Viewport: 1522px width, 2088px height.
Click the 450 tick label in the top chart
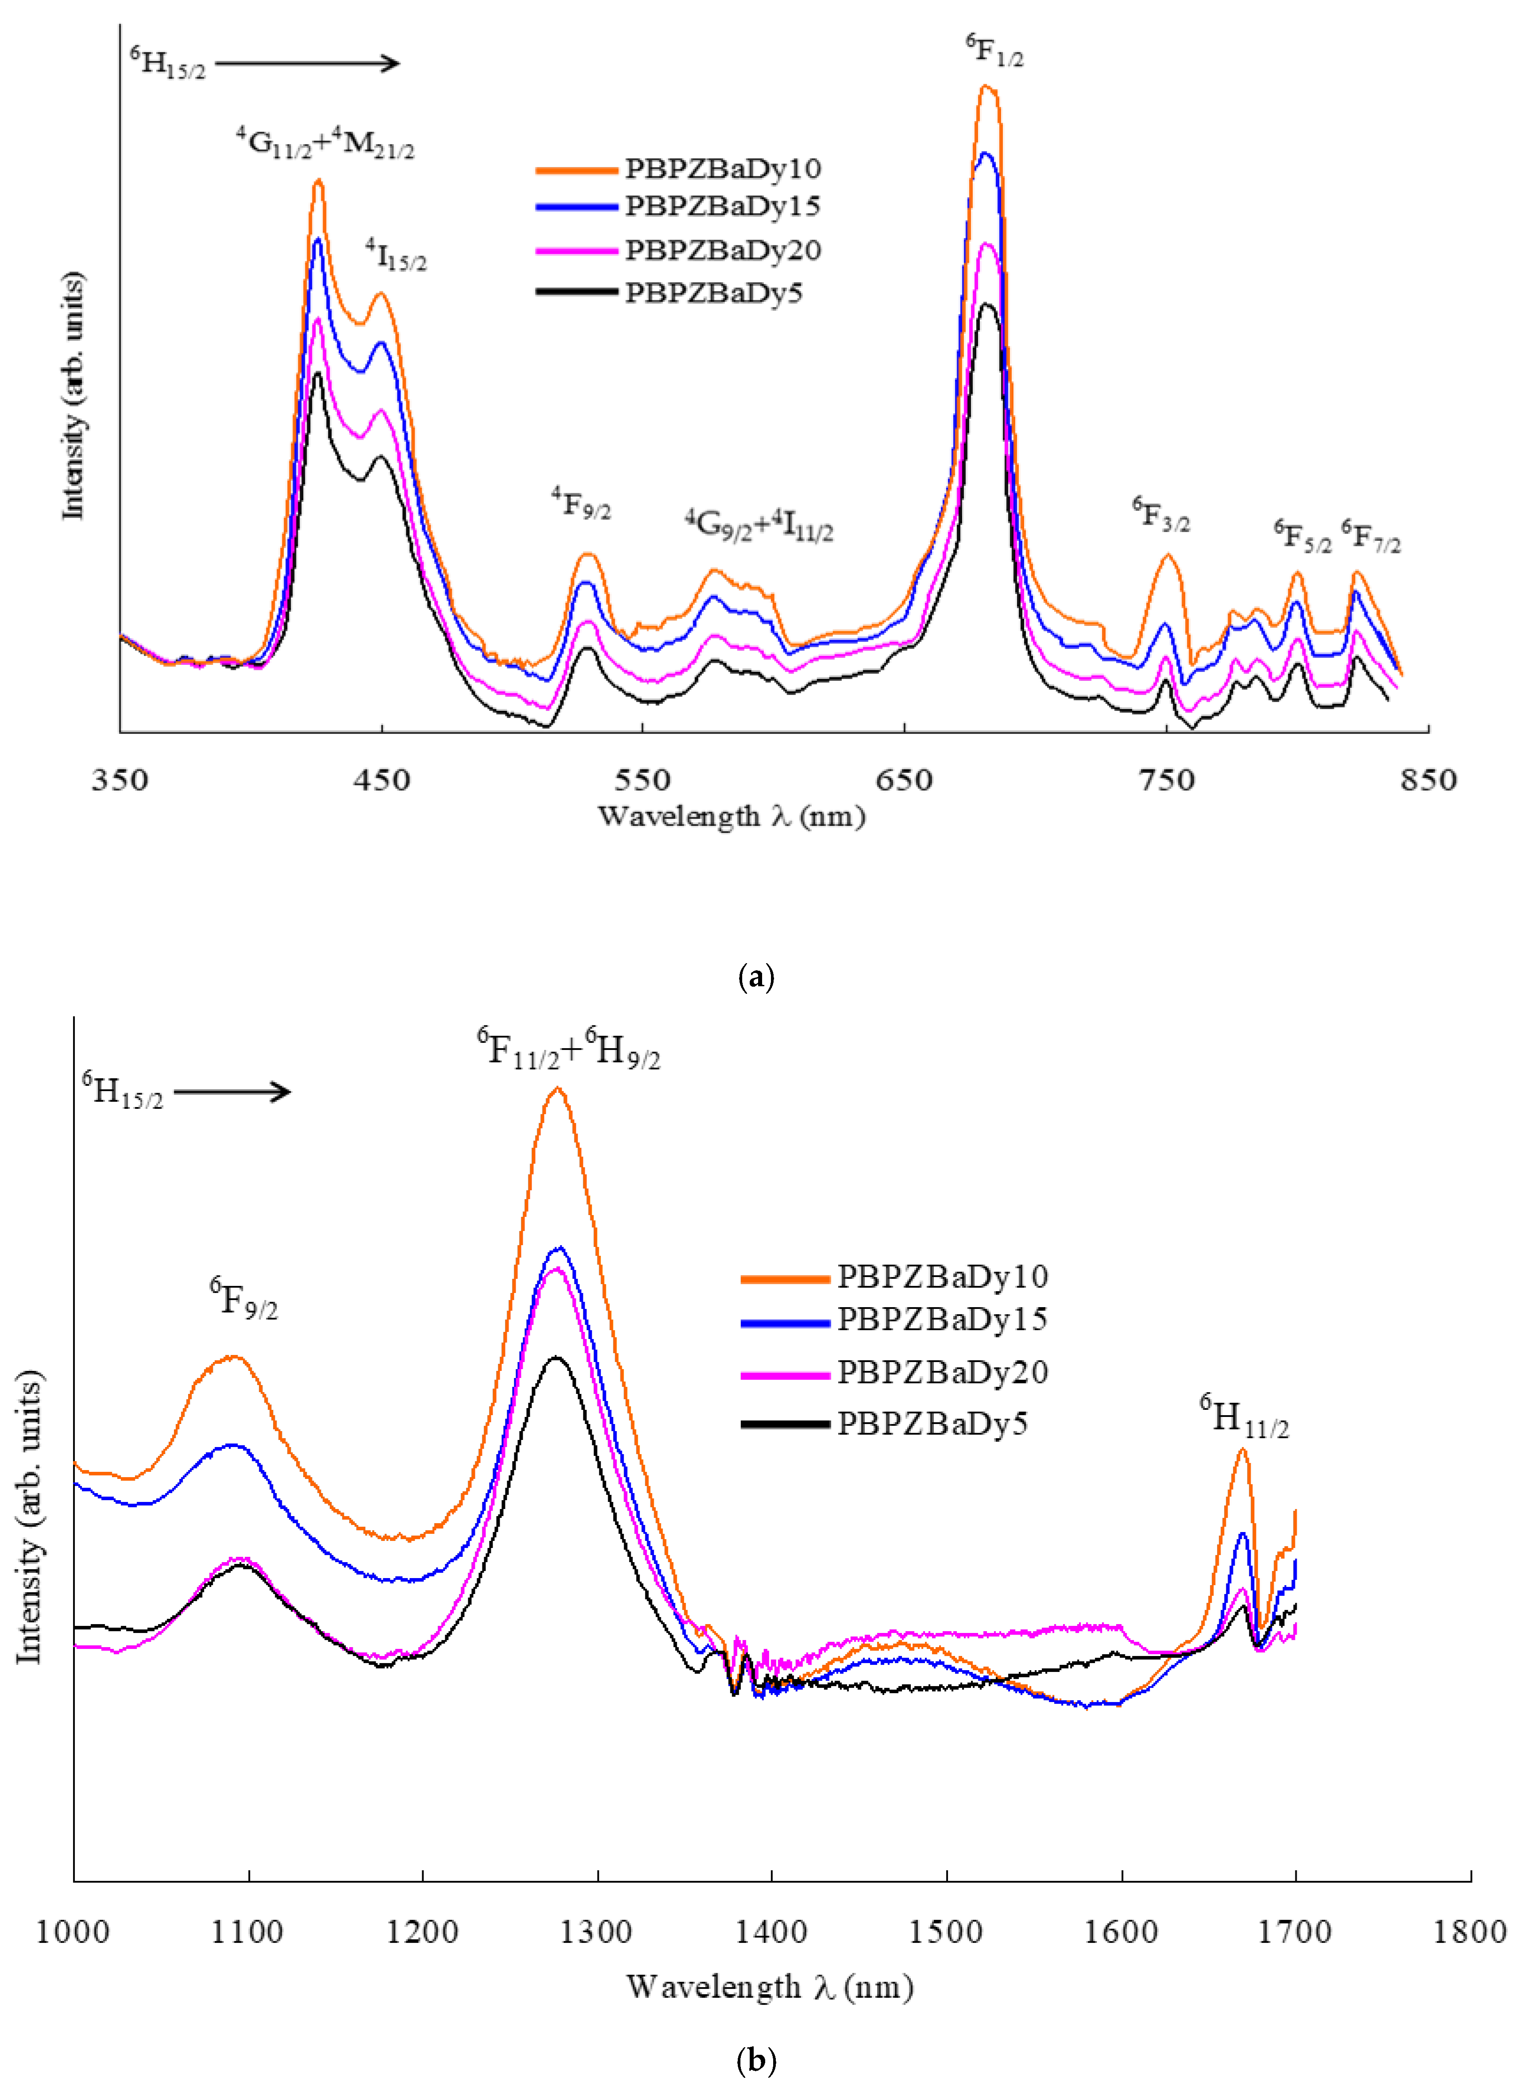pyautogui.click(x=381, y=780)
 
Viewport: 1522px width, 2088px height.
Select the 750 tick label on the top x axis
pyautogui.click(x=1166, y=780)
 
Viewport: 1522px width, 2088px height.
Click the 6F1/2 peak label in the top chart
pyautogui.click(x=995, y=50)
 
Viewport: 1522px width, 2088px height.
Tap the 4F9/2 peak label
pyautogui.click(x=582, y=503)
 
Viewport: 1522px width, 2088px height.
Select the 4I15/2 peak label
pyautogui.click(x=396, y=255)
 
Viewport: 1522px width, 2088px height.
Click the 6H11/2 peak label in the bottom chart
pyautogui.click(x=1244, y=1416)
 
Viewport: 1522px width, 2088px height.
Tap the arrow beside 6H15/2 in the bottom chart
pyautogui.click(x=232, y=1093)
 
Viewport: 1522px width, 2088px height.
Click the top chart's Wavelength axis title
pyautogui.click(x=732, y=816)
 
